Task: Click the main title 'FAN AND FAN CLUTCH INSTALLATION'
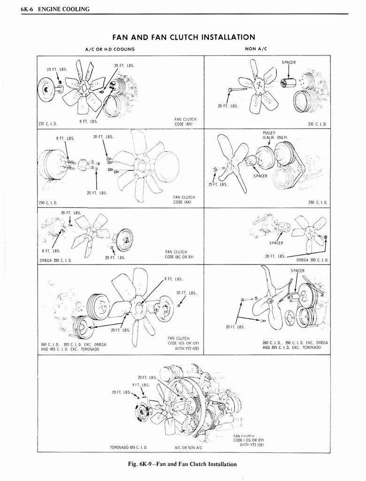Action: tap(183, 37)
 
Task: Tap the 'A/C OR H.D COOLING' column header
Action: tap(110, 49)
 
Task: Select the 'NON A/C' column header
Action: tap(252, 49)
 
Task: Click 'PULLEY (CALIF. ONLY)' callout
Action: tap(272, 135)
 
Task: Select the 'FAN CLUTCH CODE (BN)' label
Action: tap(185, 122)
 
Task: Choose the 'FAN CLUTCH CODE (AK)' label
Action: tap(185, 200)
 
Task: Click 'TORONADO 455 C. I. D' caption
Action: tap(129, 447)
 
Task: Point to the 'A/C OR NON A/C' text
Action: tap(188, 447)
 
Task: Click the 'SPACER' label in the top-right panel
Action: tap(289, 62)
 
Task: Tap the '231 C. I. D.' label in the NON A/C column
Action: tap(317, 124)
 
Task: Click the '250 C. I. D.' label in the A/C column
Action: tap(47, 202)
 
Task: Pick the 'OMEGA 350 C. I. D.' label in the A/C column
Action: tap(56, 260)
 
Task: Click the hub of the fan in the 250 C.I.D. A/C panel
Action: tap(141, 166)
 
